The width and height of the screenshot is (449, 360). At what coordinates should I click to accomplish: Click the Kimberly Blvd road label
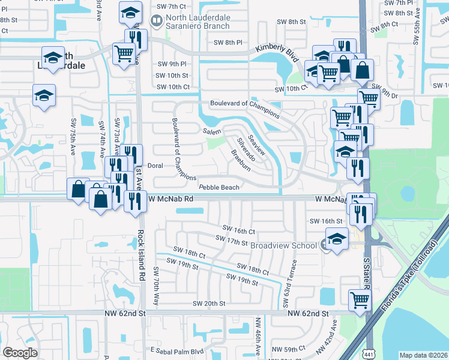[x=277, y=53]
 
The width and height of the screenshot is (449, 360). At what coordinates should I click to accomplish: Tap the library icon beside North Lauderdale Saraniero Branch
[x=157, y=22]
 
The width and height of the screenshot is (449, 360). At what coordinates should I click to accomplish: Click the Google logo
[x=20, y=352]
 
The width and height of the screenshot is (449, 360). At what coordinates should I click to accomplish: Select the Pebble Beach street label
[x=219, y=187]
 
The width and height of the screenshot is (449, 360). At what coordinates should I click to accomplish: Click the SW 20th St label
[x=206, y=304]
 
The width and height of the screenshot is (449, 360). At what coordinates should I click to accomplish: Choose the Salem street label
[x=213, y=131]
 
